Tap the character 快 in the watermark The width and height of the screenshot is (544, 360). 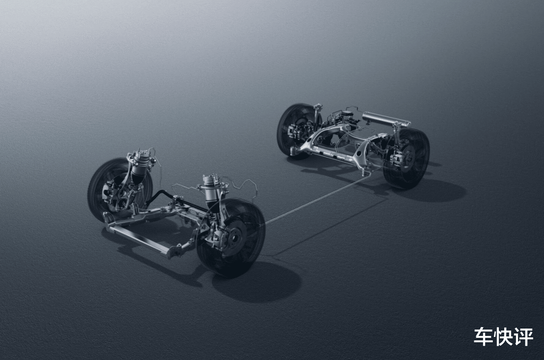(504, 336)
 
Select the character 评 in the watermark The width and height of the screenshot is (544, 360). (523, 336)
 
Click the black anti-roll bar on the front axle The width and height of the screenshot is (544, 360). (173, 199)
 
